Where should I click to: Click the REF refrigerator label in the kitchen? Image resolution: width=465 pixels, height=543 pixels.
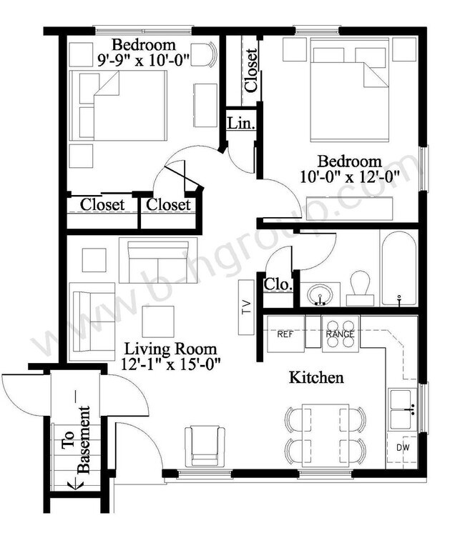click(x=285, y=334)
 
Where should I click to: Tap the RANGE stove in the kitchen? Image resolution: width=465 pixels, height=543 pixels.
click(x=340, y=334)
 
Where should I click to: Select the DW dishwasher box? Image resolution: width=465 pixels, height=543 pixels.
click(x=403, y=448)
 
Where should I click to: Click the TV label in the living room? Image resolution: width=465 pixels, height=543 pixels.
click(x=245, y=307)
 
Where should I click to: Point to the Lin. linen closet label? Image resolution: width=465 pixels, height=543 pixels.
click(x=240, y=123)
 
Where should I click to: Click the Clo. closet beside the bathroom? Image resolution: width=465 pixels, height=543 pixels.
click(x=278, y=285)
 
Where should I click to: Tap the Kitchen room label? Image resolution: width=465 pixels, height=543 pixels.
click(x=316, y=377)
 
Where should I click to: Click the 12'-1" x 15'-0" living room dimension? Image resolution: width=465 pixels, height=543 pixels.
click(x=172, y=363)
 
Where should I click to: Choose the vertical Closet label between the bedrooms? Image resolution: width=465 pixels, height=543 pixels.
click(x=251, y=70)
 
